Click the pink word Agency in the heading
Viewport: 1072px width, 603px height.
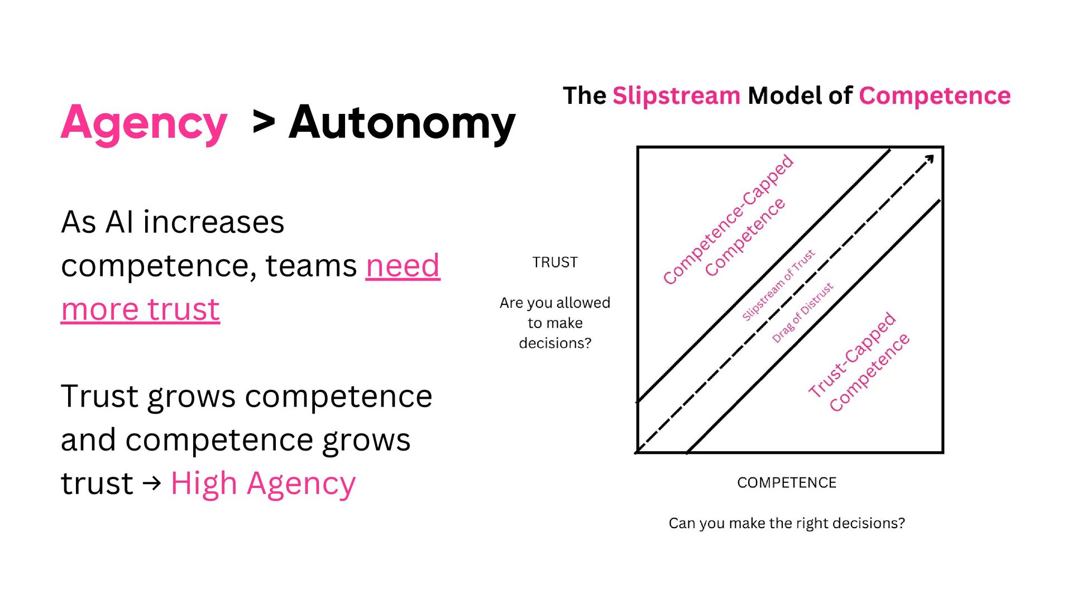tap(144, 123)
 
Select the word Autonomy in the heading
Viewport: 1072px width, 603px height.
tap(402, 123)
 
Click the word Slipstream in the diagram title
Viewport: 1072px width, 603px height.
tap(676, 96)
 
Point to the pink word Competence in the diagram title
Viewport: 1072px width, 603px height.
tap(935, 96)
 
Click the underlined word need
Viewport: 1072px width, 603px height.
tap(403, 266)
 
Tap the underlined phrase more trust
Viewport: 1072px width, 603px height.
tap(140, 309)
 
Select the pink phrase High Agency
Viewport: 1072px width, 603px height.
tap(263, 484)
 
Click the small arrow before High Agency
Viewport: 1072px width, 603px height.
tap(152, 482)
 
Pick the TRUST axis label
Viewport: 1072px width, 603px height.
tap(555, 262)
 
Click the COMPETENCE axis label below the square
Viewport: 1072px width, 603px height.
tap(787, 483)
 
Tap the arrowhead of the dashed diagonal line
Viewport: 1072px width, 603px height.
tap(929, 160)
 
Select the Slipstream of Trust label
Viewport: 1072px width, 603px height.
tap(778, 286)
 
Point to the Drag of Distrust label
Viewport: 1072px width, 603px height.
tap(802, 313)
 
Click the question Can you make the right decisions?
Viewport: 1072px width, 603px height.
tap(787, 523)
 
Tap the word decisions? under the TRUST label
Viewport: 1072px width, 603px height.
tap(555, 343)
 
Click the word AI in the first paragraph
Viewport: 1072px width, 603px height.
tap(119, 222)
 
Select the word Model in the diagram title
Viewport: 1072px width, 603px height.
tap(784, 96)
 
